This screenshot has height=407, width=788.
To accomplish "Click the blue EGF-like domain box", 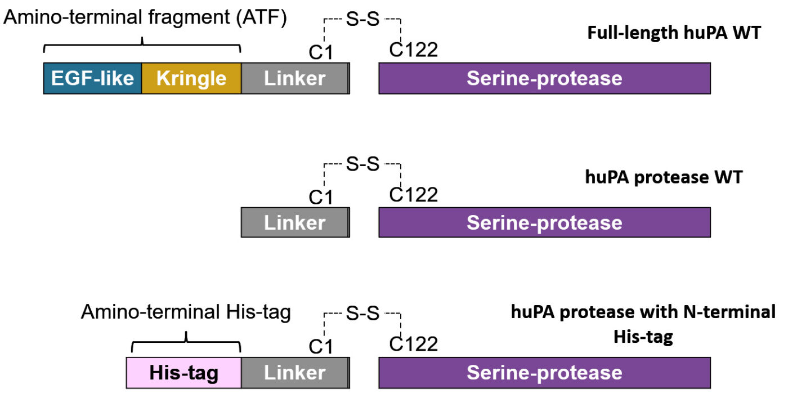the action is [92, 78].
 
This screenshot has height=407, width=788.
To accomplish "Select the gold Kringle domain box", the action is [191, 78].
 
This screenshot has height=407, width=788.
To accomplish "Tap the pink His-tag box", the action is [183, 373].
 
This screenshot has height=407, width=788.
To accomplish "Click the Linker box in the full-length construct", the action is [295, 78].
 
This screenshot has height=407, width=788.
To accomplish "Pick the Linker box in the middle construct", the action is [295, 222].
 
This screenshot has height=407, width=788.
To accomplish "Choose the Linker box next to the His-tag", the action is [295, 373].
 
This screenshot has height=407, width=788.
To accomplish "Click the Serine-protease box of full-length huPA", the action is [545, 78].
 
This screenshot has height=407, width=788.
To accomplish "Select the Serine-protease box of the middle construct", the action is [545, 222].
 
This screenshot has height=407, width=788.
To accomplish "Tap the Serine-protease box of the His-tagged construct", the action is [545, 373].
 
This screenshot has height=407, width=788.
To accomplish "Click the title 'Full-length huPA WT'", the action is [674, 33].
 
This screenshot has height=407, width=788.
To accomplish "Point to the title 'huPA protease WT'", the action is [664, 177].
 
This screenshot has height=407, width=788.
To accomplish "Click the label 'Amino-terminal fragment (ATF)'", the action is [145, 17].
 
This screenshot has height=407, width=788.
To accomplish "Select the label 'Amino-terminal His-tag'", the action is [186, 312].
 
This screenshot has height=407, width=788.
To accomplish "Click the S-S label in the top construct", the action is [362, 19].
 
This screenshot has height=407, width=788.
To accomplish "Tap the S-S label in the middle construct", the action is [362, 164].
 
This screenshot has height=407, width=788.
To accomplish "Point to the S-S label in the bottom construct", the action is [362, 313].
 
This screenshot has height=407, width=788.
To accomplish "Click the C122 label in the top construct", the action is [413, 50].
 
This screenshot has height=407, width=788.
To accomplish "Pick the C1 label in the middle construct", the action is [320, 198].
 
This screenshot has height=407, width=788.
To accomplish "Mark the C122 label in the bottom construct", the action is [413, 344].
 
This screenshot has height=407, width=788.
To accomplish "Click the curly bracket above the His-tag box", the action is [186, 342].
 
